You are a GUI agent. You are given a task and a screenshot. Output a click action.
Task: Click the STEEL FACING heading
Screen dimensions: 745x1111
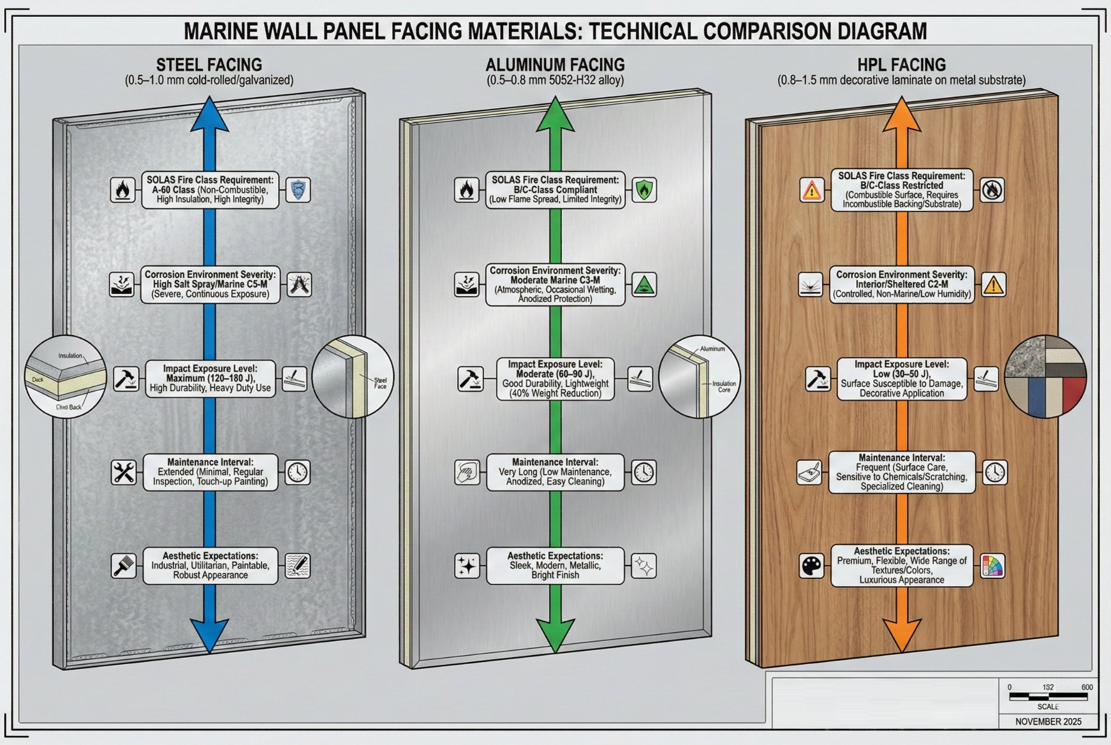click(x=209, y=65)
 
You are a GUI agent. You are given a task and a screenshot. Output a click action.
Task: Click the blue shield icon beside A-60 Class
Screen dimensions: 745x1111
click(x=298, y=190)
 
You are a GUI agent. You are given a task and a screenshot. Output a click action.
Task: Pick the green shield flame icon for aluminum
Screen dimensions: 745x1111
click(x=644, y=190)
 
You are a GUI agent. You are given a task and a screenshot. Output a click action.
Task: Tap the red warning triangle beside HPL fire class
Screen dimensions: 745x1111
click(x=812, y=190)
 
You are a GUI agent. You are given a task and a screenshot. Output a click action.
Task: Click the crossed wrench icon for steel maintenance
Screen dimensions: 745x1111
click(x=124, y=472)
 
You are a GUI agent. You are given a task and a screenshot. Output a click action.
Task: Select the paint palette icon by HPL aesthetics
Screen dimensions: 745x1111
click(x=812, y=566)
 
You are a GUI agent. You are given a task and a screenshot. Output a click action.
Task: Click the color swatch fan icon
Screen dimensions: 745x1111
click(x=993, y=566)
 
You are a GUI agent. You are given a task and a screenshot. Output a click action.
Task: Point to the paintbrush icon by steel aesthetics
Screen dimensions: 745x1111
click(x=124, y=566)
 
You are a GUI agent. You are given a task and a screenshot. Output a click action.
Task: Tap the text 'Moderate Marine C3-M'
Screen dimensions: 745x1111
click(x=555, y=280)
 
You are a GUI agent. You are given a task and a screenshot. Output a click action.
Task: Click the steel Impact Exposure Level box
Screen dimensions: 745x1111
click(x=210, y=378)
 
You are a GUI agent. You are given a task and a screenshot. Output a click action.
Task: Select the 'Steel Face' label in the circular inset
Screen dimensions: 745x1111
click(x=380, y=383)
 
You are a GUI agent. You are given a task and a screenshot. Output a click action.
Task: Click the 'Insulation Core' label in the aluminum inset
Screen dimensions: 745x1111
click(x=724, y=386)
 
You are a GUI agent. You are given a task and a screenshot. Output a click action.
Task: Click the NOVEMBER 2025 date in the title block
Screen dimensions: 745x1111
click(x=1048, y=722)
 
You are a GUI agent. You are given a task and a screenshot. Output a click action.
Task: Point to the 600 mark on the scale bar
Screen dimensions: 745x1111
click(x=1087, y=687)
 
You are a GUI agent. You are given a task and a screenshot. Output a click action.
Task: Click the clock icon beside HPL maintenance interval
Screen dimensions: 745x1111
click(x=995, y=472)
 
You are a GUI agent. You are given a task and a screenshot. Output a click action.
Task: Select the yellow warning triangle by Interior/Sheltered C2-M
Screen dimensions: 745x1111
click(x=993, y=284)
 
